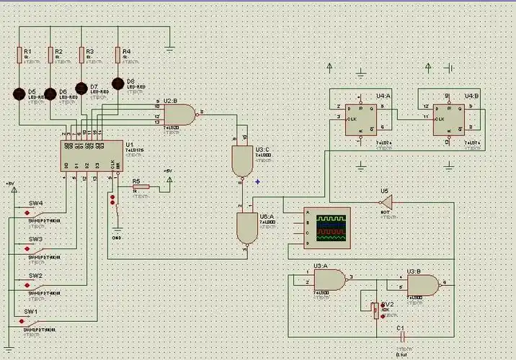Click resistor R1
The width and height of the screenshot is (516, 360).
[x=19, y=55]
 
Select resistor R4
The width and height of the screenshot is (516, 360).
[x=117, y=55]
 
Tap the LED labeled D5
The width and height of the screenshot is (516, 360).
[x=19, y=94]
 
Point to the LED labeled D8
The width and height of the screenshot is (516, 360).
[x=118, y=84]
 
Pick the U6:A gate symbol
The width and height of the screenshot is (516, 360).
[x=246, y=228]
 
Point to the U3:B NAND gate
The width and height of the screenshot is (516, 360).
[x=422, y=285]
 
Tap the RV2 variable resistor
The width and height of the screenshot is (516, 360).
[x=375, y=310]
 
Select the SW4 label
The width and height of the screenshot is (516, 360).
[x=35, y=203]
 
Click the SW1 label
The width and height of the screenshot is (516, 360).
[x=31, y=312]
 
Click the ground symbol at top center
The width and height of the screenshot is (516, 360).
[x=170, y=48]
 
